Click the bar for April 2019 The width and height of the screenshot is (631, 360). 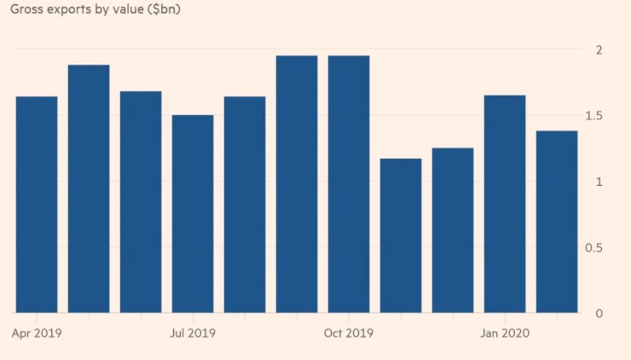[x=37, y=205]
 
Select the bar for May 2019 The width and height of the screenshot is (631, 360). [x=89, y=189]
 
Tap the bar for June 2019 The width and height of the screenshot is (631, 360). [x=141, y=202]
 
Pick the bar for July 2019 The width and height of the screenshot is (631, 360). [x=193, y=214]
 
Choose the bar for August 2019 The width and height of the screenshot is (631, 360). [x=245, y=205]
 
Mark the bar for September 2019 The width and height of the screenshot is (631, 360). [x=297, y=184]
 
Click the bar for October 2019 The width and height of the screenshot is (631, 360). [x=349, y=184]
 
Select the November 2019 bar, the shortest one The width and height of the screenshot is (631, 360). [x=401, y=235]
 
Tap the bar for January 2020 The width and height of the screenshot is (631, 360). [x=505, y=204]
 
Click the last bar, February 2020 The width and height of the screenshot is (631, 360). [x=557, y=222]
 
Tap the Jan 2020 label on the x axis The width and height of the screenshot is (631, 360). [x=505, y=333]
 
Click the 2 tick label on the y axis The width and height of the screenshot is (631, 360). [x=599, y=49]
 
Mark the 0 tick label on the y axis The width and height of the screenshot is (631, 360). [x=599, y=313]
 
